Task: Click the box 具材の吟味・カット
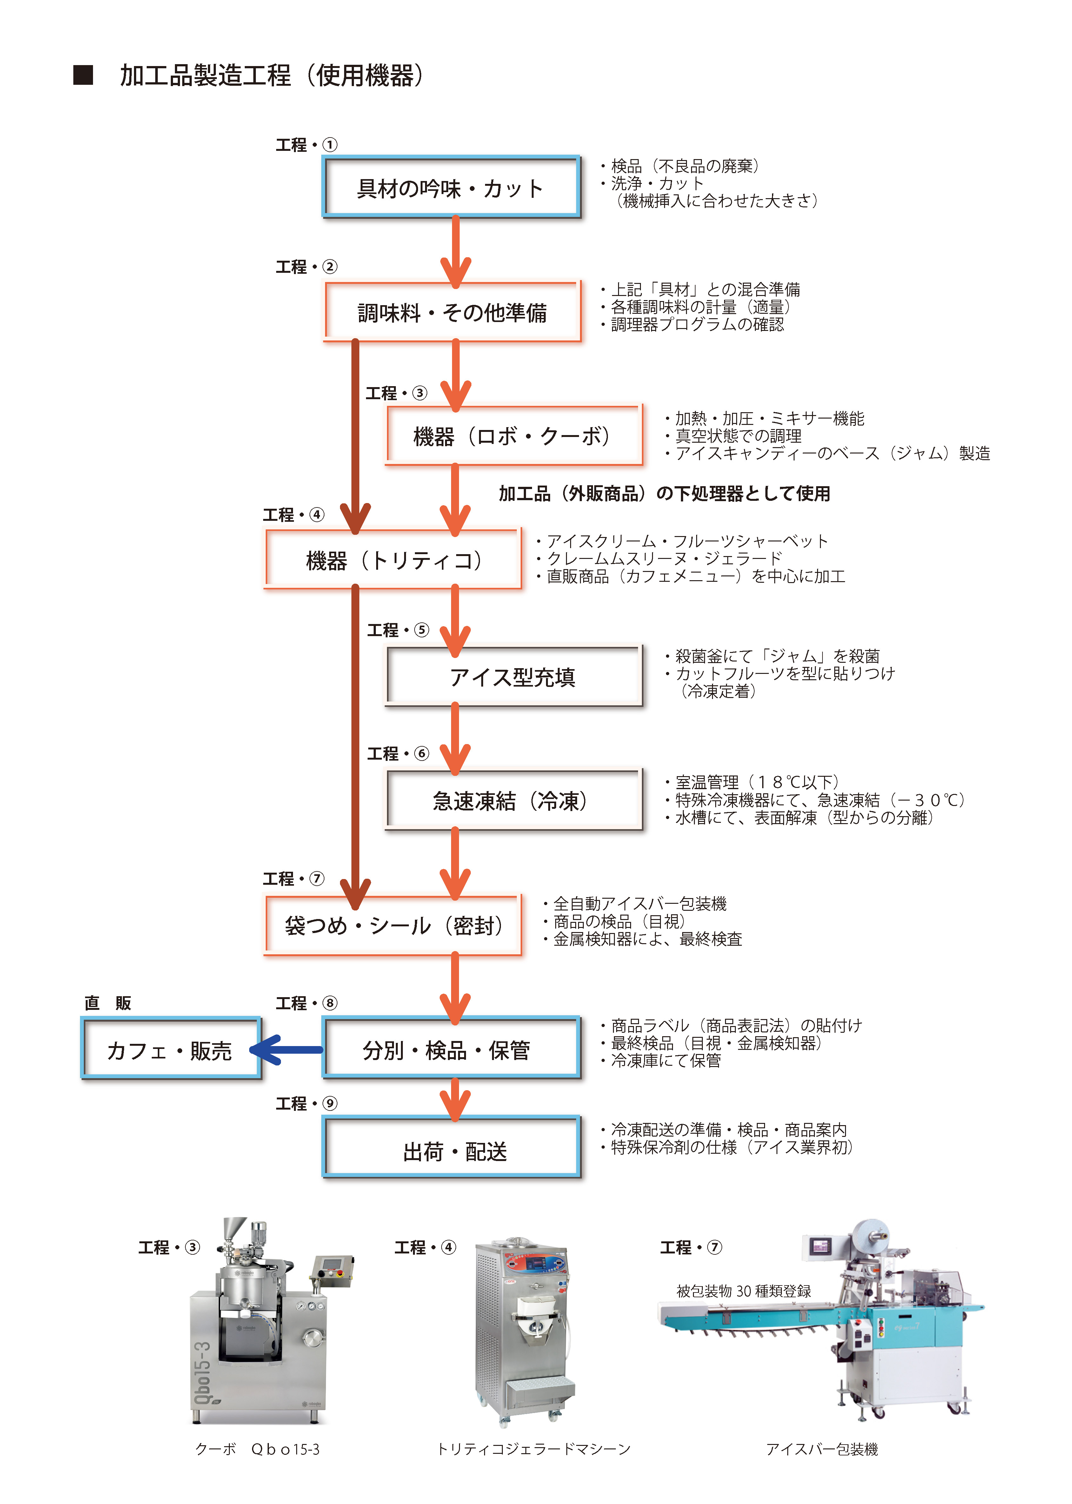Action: click(x=451, y=187)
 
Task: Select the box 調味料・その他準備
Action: click(x=451, y=312)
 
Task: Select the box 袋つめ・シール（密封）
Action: click(x=393, y=925)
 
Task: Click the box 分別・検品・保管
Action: click(x=451, y=1049)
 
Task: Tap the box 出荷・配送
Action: click(x=451, y=1150)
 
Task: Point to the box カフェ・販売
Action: click(x=170, y=1049)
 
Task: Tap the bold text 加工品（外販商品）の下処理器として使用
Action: click(x=664, y=493)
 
